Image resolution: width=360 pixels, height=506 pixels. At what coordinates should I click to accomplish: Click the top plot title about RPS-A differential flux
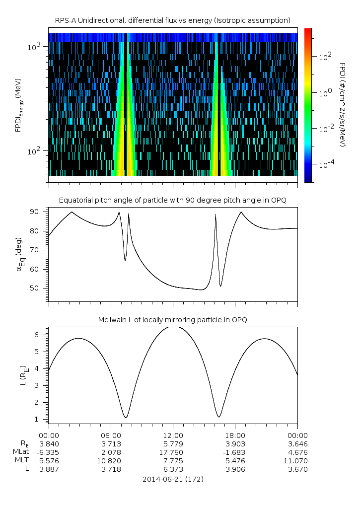(x=172, y=20)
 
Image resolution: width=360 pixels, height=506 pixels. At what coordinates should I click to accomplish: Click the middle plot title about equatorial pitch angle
(x=172, y=200)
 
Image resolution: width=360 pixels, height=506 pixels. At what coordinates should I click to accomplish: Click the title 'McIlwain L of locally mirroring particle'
(x=172, y=319)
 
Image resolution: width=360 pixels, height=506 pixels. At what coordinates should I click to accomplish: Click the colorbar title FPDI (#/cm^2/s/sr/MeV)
(x=342, y=104)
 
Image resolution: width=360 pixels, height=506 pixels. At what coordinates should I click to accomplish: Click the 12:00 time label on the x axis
(x=172, y=434)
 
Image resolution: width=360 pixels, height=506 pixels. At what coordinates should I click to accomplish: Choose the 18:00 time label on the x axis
(x=235, y=434)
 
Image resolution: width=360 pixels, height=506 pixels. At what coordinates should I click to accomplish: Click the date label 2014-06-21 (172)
(x=172, y=480)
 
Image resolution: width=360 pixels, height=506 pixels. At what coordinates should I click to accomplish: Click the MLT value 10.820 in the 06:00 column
(x=110, y=460)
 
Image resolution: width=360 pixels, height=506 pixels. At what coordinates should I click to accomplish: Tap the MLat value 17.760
(x=172, y=452)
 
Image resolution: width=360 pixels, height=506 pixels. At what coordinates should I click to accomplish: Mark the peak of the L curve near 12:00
(x=173, y=326)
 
